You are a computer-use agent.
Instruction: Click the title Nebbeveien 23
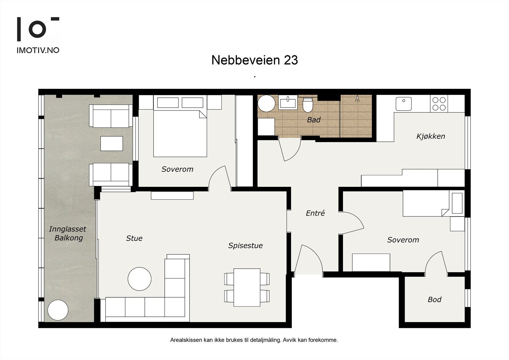click(x=254, y=60)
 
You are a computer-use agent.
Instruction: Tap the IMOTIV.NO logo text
click(x=38, y=50)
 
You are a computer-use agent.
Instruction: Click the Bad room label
click(x=314, y=120)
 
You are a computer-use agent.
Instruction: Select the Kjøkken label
click(x=431, y=136)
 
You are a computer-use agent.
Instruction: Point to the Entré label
click(x=315, y=213)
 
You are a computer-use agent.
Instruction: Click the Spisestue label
click(x=245, y=246)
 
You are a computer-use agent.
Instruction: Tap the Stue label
click(x=134, y=238)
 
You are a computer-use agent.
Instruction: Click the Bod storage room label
click(x=435, y=300)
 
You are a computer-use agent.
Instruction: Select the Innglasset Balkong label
click(x=68, y=233)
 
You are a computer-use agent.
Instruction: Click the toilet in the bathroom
click(x=308, y=105)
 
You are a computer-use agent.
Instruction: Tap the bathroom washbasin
click(x=288, y=102)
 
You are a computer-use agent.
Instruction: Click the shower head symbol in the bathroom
click(x=357, y=98)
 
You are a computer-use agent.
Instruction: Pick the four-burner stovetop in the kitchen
click(x=439, y=104)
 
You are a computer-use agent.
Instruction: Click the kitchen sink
click(x=404, y=104)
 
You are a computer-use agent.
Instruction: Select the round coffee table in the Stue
click(x=140, y=279)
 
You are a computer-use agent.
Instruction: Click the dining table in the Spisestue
click(x=247, y=287)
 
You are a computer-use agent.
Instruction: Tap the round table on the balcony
click(x=58, y=310)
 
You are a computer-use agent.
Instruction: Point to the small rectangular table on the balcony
click(x=112, y=144)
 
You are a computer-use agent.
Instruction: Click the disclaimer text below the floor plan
click(x=254, y=340)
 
